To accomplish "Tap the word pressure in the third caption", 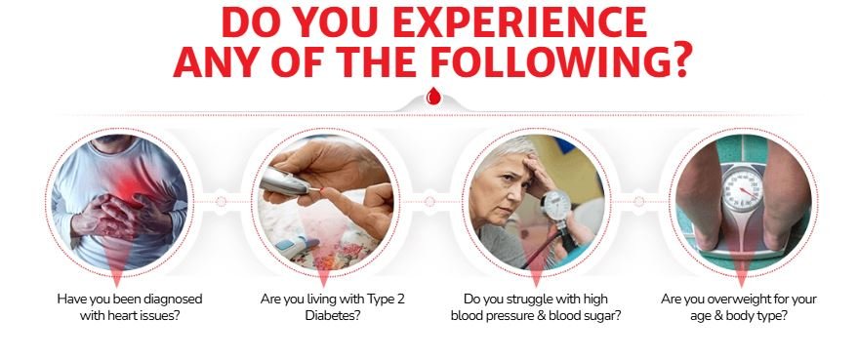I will [513, 316].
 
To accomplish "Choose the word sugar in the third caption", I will [598, 316].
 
